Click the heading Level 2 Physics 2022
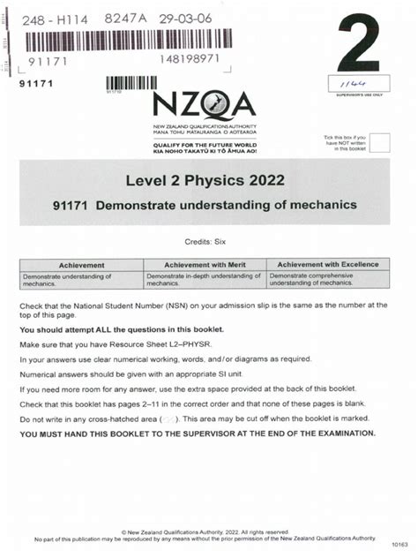[209, 182]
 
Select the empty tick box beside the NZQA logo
[379, 144]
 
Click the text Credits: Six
[208, 240]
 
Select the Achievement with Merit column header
[209, 265]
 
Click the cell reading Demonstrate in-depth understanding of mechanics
[209, 280]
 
